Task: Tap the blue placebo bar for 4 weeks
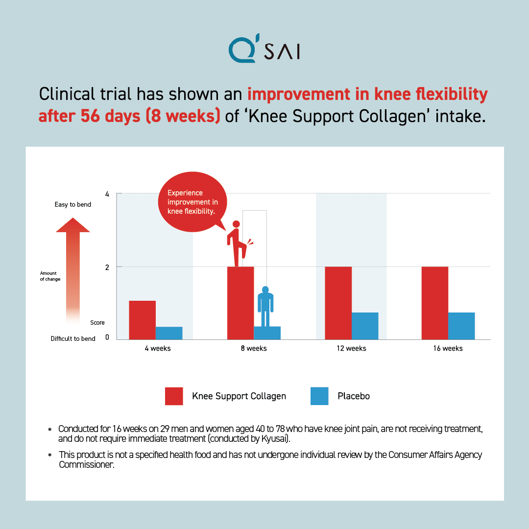click(169, 333)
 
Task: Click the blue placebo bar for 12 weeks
click(365, 326)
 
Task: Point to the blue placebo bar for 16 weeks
click(461, 326)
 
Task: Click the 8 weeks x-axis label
click(253, 348)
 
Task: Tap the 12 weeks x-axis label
click(351, 348)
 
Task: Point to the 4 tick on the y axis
click(107, 194)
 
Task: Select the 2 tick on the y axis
click(107, 267)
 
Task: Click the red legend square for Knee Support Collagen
click(174, 396)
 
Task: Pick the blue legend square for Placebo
click(319, 396)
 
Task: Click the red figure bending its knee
click(238, 243)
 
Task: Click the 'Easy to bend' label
click(73, 204)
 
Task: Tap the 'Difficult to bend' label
click(73, 338)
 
